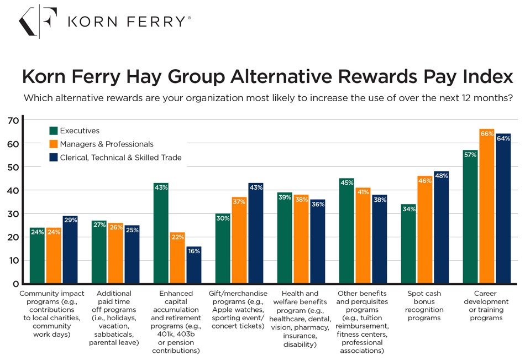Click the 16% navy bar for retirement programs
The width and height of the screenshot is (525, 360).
pos(194,265)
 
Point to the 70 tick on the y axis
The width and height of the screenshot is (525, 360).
pos(12,120)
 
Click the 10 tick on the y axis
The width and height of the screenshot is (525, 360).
pos(12,260)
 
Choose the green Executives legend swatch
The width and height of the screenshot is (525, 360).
pos(54,131)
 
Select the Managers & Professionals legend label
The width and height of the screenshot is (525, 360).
pos(107,144)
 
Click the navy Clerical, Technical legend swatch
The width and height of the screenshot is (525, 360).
pos(54,158)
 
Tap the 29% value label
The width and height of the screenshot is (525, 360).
pos(70,221)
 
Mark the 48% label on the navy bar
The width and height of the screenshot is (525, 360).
pos(442,176)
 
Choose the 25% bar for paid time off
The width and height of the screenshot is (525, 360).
pos(132,254)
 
